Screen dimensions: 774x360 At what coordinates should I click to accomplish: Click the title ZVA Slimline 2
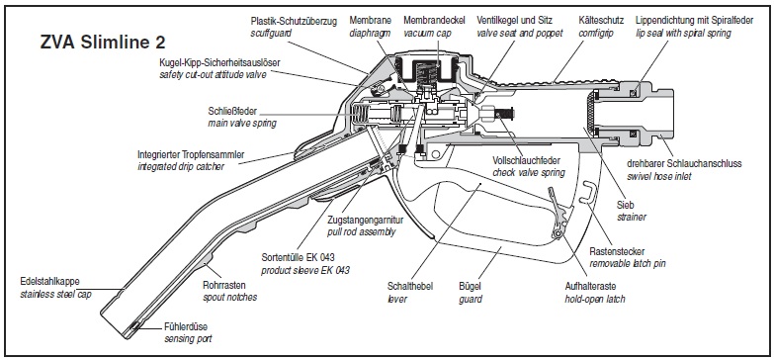tap(102, 42)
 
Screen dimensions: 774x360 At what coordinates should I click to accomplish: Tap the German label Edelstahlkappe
tap(49, 282)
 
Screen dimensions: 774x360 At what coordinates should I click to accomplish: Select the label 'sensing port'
tap(188, 339)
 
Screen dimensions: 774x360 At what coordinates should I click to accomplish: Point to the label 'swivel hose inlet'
tap(659, 175)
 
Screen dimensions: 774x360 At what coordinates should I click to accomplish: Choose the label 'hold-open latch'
tap(594, 299)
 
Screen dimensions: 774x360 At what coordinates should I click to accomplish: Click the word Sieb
tap(625, 205)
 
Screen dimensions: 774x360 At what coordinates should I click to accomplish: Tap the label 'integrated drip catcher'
tap(181, 166)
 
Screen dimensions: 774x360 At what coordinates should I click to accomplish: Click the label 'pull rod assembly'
tap(362, 231)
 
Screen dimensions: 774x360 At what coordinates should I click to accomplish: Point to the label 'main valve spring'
tap(242, 123)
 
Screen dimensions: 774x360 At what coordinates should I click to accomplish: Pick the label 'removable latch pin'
tap(628, 263)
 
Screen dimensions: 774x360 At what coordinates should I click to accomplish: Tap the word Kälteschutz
tap(601, 21)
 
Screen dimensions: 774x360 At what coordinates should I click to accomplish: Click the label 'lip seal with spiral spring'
tap(683, 33)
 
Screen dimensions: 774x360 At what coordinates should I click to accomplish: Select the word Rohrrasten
tap(224, 285)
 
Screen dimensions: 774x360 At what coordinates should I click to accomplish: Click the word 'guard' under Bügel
tap(471, 299)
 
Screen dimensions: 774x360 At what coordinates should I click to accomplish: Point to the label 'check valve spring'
tap(529, 173)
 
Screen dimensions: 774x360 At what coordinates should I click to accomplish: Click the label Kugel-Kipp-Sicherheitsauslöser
tap(220, 63)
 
